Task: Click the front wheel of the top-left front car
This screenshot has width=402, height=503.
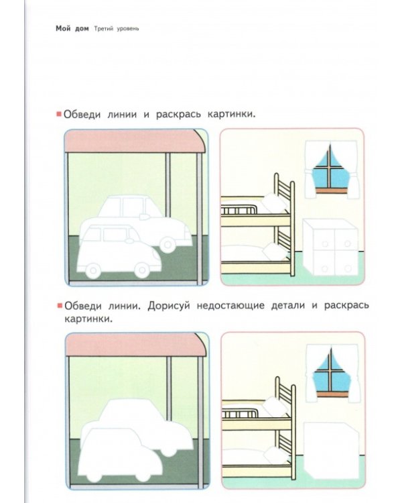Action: (142, 270)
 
